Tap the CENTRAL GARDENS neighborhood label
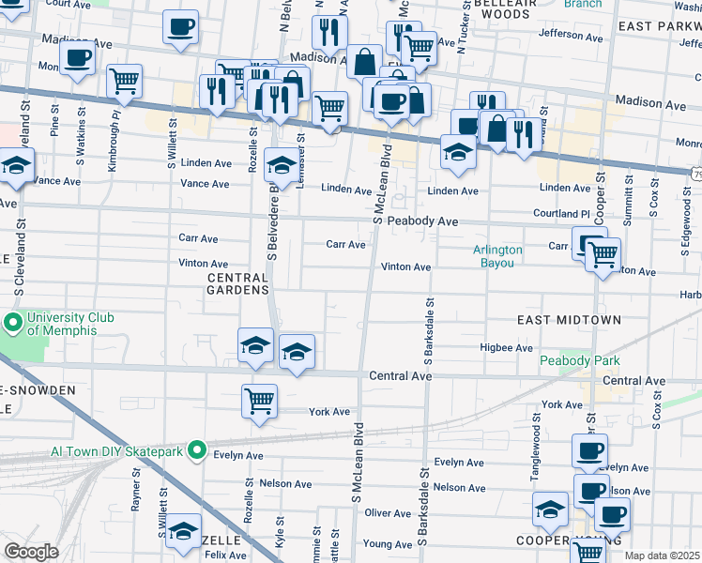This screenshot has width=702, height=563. pyautogui.click(x=238, y=283)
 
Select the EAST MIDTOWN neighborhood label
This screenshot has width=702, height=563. pyautogui.click(x=569, y=320)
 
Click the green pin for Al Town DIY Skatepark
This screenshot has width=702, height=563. pyautogui.click(x=196, y=451)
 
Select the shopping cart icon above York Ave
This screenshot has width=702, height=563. pyautogui.click(x=259, y=401)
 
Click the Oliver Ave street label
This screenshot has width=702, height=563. pyautogui.click(x=389, y=513)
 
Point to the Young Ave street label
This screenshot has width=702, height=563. pyautogui.click(x=388, y=543)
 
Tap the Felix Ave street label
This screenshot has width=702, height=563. pyautogui.click(x=225, y=555)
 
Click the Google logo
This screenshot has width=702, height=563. pyautogui.click(x=31, y=552)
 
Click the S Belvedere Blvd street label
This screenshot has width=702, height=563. pyautogui.click(x=273, y=215)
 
